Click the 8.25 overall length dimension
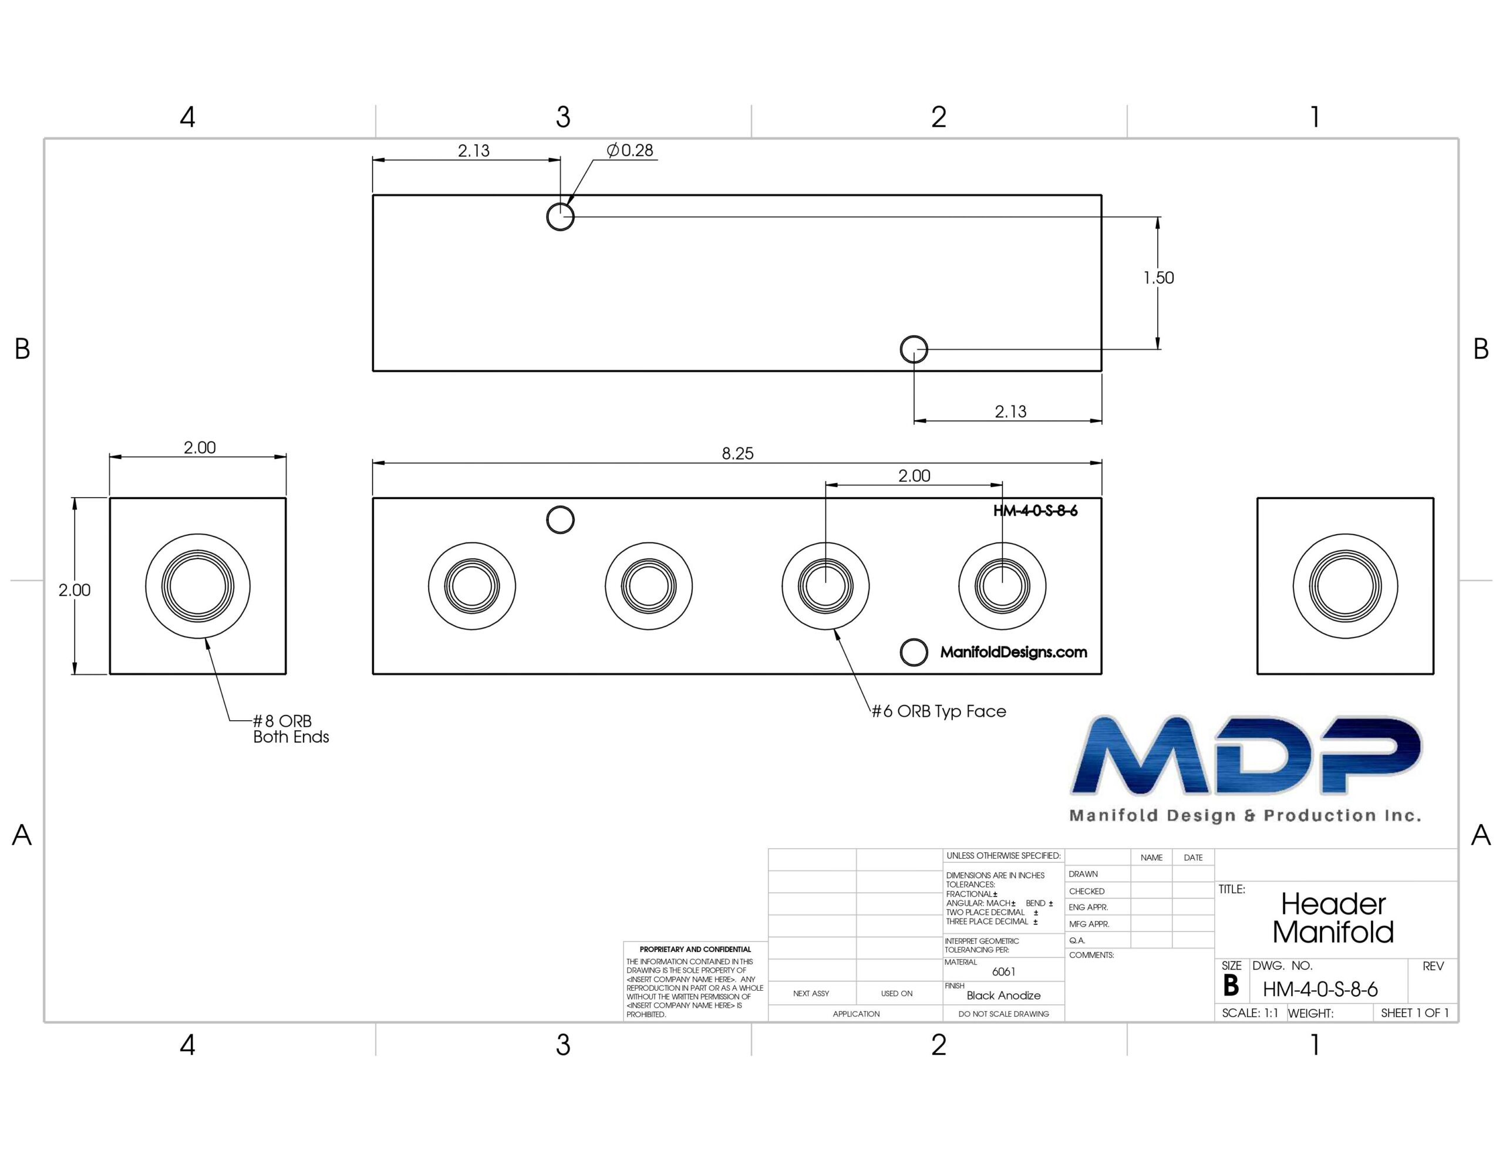pyautogui.click(x=737, y=454)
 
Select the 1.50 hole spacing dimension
pyautogui.click(x=1159, y=278)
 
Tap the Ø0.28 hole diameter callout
pyautogui.click(x=630, y=150)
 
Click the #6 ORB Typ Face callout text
pyautogui.click(x=939, y=711)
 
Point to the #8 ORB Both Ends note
pyautogui.click(x=291, y=729)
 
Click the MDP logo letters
pyautogui.click(x=1246, y=755)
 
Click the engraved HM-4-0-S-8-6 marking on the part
pyautogui.click(x=1035, y=511)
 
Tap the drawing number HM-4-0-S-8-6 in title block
pyautogui.click(x=1320, y=990)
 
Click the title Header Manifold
pyautogui.click(x=1333, y=918)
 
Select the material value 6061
pyautogui.click(x=1003, y=972)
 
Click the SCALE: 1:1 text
pyautogui.click(x=1250, y=1013)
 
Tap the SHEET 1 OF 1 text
pyautogui.click(x=1415, y=1013)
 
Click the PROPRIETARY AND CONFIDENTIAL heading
pyautogui.click(x=695, y=949)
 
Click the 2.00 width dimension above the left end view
pyautogui.click(x=200, y=448)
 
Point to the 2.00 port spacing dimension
pyautogui.click(x=914, y=475)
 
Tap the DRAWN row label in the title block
pyautogui.click(x=1083, y=874)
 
